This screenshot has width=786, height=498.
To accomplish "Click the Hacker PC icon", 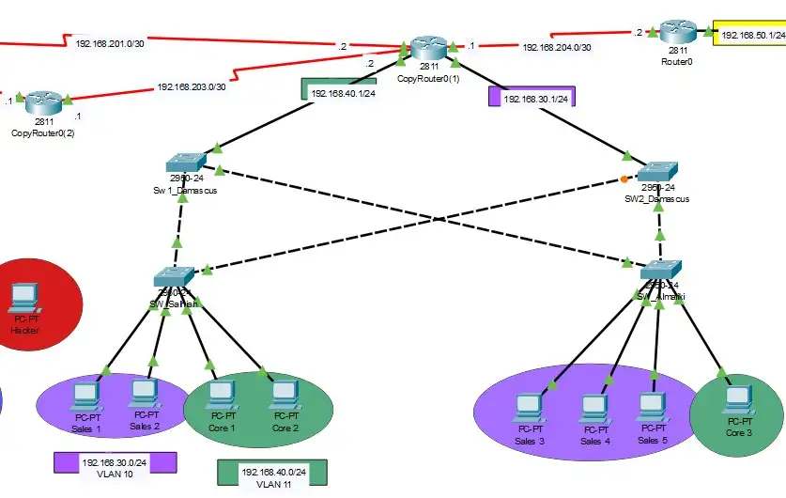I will click(22, 300).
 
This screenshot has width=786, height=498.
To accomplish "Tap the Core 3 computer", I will click(737, 401).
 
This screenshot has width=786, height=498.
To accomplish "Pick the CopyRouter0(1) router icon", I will click(429, 49).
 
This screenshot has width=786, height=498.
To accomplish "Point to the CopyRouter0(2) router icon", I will click(42, 101).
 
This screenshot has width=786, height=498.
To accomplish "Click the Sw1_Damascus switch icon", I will click(181, 162).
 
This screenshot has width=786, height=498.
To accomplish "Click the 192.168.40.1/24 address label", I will click(343, 94).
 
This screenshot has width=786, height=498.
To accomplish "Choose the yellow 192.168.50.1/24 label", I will click(752, 36).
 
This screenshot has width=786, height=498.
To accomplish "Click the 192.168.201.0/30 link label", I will click(111, 43).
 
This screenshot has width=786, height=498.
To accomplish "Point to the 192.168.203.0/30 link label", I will click(192, 87).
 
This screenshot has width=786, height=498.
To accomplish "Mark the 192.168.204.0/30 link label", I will click(557, 47).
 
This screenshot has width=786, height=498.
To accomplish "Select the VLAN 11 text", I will click(274, 484).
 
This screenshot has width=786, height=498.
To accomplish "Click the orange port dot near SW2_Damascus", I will click(624, 179).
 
